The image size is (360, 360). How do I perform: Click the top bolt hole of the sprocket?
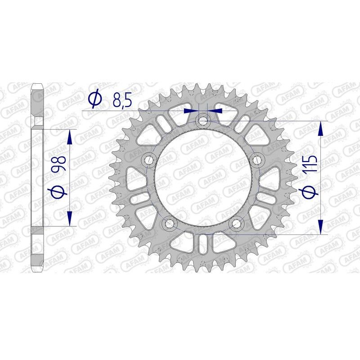tap(203, 120)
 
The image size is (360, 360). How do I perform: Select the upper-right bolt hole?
tap(257, 160)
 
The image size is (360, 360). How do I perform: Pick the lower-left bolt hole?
tap(169, 224)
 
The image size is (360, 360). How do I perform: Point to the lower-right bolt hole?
tap(237, 224)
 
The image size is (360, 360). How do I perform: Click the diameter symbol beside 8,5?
tap(95, 100)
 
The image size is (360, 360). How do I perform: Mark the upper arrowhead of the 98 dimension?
tap(70, 137)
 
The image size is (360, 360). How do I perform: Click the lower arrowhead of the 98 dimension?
tap(70, 219)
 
